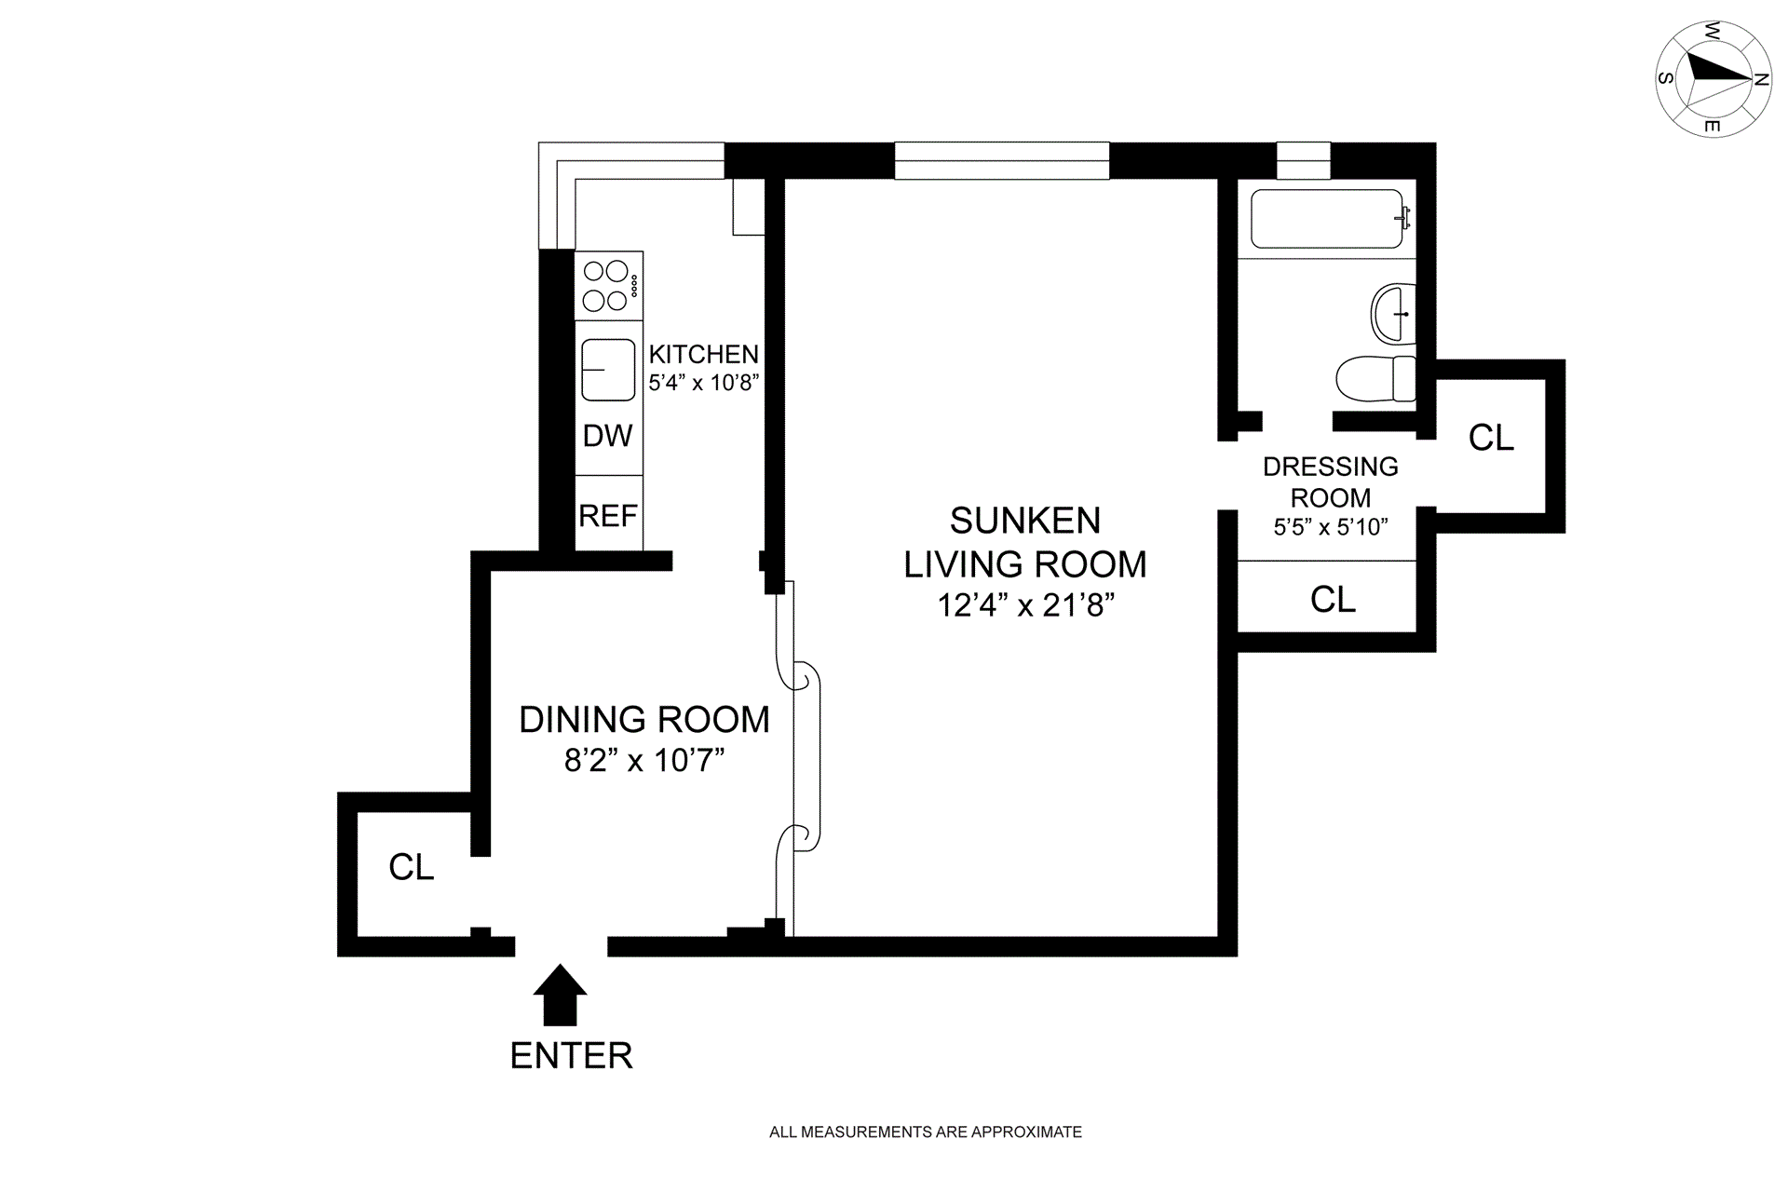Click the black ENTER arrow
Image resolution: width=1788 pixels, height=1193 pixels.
(560, 995)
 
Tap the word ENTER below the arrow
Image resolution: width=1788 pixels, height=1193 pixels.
(572, 1056)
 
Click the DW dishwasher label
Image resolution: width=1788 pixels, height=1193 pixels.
(608, 435)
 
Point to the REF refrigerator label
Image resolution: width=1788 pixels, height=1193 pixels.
(608, 515)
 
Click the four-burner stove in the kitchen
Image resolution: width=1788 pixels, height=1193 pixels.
(609, 286)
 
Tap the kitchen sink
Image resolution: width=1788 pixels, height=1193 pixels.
(608, 370)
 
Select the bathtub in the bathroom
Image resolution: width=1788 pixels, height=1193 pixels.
(1327, 219)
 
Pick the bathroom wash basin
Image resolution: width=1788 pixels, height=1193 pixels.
(1393, 314)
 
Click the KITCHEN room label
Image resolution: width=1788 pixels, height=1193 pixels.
(704, 354)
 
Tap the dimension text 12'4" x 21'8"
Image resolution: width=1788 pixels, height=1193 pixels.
(1026, 605)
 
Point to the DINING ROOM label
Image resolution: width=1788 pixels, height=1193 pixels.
(644, 719)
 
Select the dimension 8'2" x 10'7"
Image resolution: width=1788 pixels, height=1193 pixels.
(644, 761)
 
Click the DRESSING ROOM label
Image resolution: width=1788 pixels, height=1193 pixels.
(1331, 481)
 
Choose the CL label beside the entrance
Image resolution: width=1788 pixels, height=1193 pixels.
(412, 867)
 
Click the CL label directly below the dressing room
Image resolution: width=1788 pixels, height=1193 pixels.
(1333, 600)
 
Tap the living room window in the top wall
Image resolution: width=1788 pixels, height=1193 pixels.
(1002, 160)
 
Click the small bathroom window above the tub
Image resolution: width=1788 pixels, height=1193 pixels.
(1303, 160)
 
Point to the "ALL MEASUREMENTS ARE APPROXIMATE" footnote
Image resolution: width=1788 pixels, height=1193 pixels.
(926, 1132)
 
